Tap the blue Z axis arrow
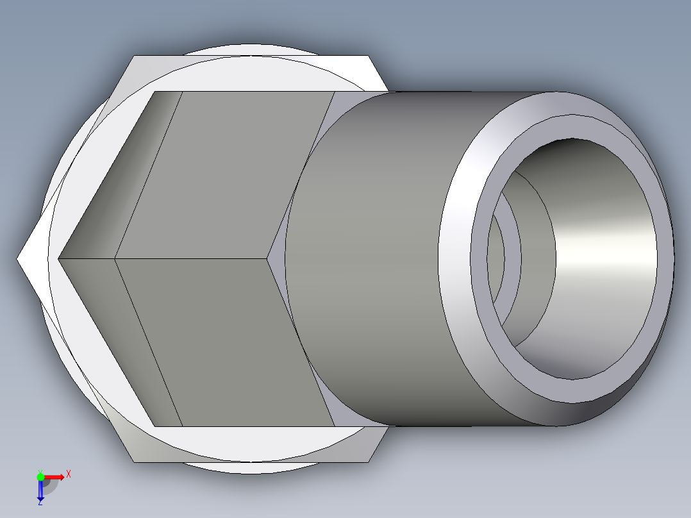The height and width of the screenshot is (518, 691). tap(40, 492)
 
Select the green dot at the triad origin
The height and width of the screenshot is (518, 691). tap(40, 476)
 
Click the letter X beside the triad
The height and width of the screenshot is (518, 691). tap(69, 474)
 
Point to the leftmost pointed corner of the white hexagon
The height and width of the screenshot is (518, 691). tap(19, 258)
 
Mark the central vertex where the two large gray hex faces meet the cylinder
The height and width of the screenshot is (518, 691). tap(267, 259)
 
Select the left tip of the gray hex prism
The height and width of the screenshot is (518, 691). tap(60, 259)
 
